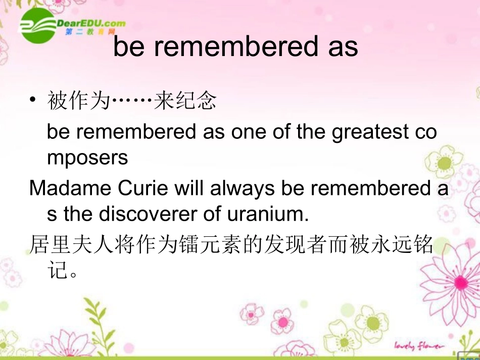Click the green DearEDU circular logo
[38, 25]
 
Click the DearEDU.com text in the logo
[91, 23]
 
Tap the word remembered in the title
[236, 46]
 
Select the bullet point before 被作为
[33, 99]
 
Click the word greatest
[370, 132]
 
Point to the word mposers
[87, 158]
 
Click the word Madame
[70, 188]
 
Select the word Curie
[143, 188]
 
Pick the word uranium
[268, 214]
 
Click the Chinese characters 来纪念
[185, 100]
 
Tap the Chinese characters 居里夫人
[71, 244]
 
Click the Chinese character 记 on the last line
[57, 270]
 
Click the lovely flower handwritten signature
[419, 346]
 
